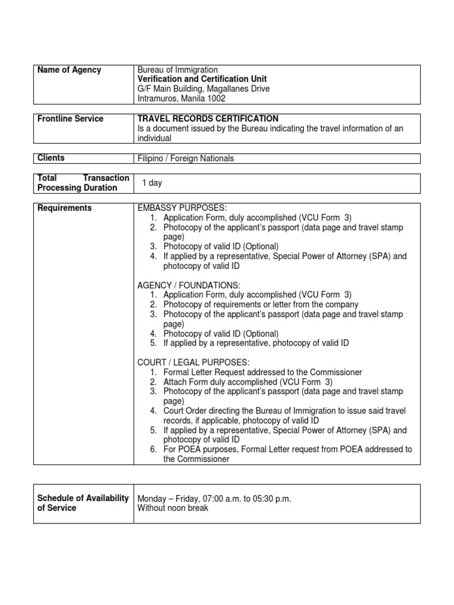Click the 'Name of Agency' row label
pyautogui.click(x=69, y=70)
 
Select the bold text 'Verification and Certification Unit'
pyautogui.click(x=202, y=79)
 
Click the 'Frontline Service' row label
pyautogui.click(x=70, y=119)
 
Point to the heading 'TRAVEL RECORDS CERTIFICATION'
pyautogui.click(x=207, y=119)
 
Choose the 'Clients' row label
pyautogui.click(x=51, y=158)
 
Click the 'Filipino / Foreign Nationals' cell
pyautogui.click(x=186, y=158)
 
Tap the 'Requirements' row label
pyautogui.click(x=64, y=208)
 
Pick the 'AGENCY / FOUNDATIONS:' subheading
pyautogui.click(x=189, y=285)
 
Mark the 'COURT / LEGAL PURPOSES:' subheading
pyautogui.click(x=193, y=362)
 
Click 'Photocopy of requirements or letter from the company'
pyautogui.click(x=261, y=305)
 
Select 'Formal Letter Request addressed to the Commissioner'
pyautogui.click(x=262, y=372)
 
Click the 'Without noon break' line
pyautogui.click(x=173, y=508)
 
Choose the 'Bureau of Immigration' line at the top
pyautogui.click(x=177, y=70)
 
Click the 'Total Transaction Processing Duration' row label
pyautogui.click(x=83, y=183)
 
